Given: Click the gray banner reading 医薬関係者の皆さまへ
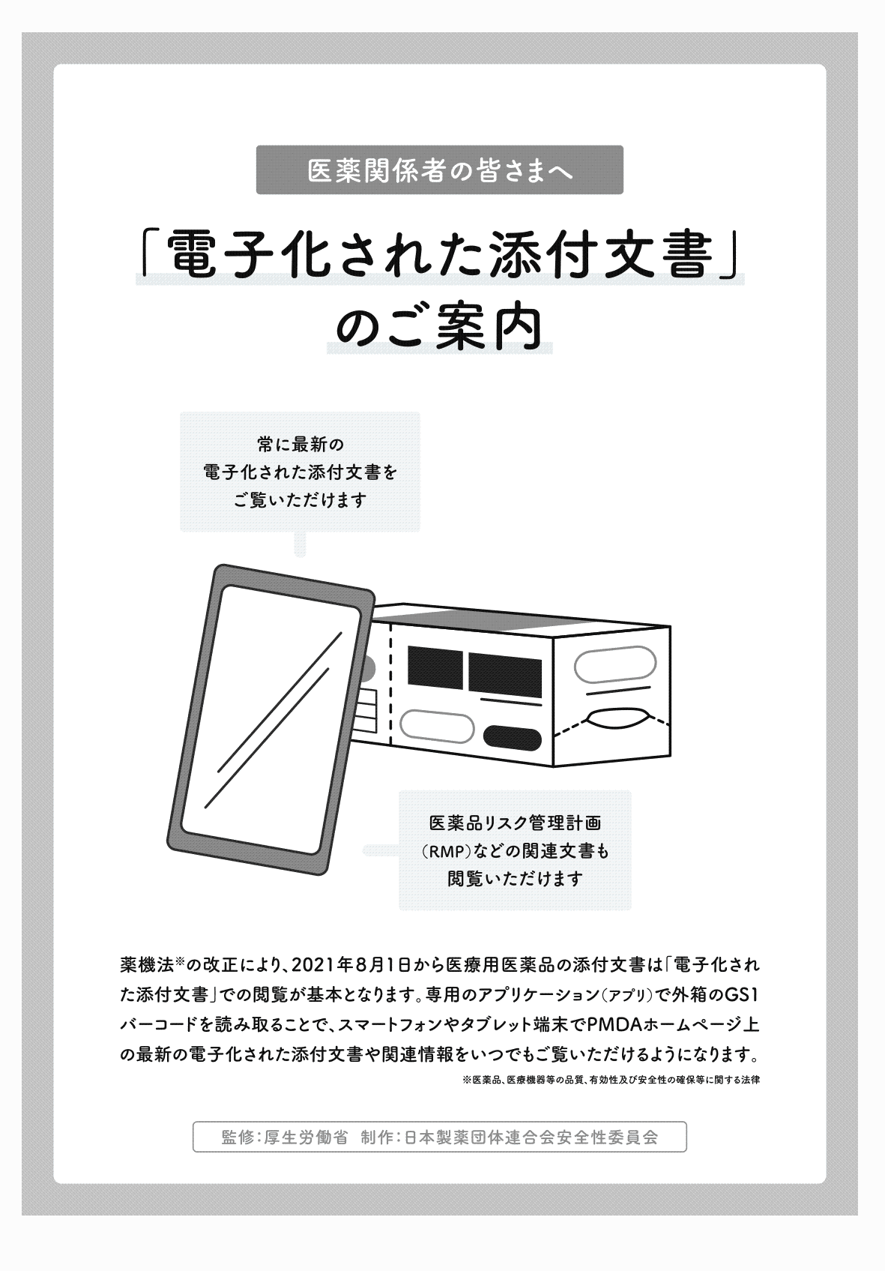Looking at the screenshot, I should (x=440, y=171).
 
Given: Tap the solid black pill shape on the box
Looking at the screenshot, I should (x=513, y=738).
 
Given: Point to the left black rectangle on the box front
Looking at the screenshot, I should (x=435, y=667).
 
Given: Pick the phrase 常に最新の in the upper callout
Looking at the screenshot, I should (x=300, y=445).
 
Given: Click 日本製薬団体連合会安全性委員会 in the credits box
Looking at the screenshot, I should (x=531, y=1136).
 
